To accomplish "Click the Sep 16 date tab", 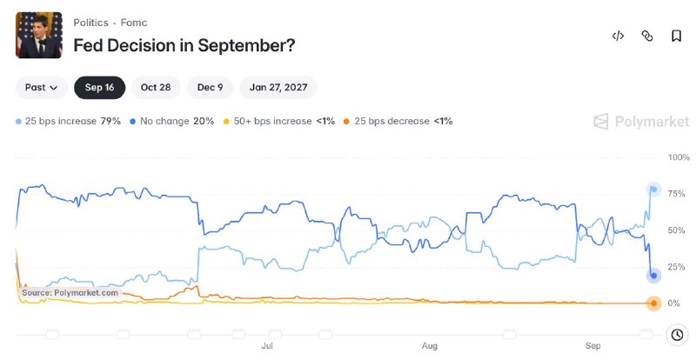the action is point(99,88).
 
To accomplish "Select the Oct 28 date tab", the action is point(156,88).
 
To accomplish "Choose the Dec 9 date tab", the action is point(210,88).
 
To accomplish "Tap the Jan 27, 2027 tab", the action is point(278,88).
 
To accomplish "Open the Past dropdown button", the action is point(41,88).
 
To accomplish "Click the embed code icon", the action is point(618,36).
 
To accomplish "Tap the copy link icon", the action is point(647,36).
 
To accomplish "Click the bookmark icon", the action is point(676,36).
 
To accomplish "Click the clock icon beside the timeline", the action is point(677,335).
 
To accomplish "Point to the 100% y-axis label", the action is point(679,157).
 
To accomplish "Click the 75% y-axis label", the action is point(677,194).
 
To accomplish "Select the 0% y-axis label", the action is point(673,303).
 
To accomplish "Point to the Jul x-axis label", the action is point(267,345).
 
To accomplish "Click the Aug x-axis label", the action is point(430,345).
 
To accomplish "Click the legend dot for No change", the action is point(133,121).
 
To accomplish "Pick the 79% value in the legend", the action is point(110,121).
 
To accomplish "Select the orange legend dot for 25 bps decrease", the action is point(346,121).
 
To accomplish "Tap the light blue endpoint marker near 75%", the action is point(653,190).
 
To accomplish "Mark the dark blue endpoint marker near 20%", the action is point(653,276).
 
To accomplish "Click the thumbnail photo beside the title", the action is point(39,35).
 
